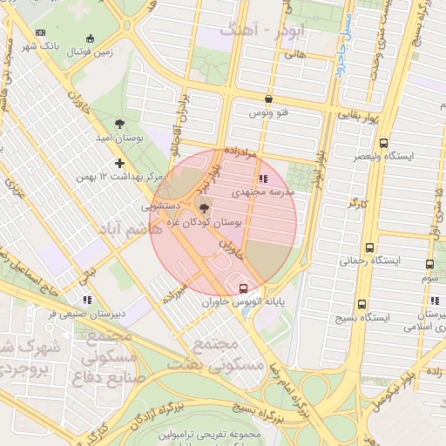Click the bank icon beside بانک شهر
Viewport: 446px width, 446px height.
pyautogui.click(x=40, y=32)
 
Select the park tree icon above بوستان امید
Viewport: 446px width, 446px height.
pyautogui.click(x=119, y=124)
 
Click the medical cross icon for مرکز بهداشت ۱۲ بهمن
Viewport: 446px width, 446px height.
pyautogui.click(x=119, y=163)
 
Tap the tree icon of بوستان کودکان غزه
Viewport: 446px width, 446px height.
pyautogui.click(x=205, y=207)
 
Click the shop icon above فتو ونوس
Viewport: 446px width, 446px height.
pyautogui.click(x=268, y=99)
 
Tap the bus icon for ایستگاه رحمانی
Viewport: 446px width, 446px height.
pyautogui.click(x=371, y=247)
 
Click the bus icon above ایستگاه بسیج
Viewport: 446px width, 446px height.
pyautogui.click(x=362, y=305)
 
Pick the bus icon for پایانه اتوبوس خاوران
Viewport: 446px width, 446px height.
pyautogui.click(x=243, y=288)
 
